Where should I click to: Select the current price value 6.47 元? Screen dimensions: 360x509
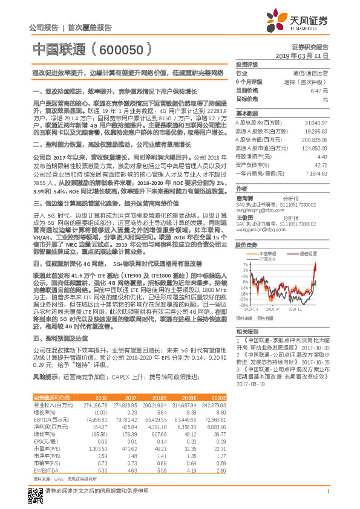(x=318, y=89)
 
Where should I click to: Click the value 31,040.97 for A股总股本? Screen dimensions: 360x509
(x=316, y=123)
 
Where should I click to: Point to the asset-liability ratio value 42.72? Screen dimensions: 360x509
(x=319, y=164)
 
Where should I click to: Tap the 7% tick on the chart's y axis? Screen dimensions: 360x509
(x=242, y=264)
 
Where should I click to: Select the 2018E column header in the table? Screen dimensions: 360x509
(x=159, y=397)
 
